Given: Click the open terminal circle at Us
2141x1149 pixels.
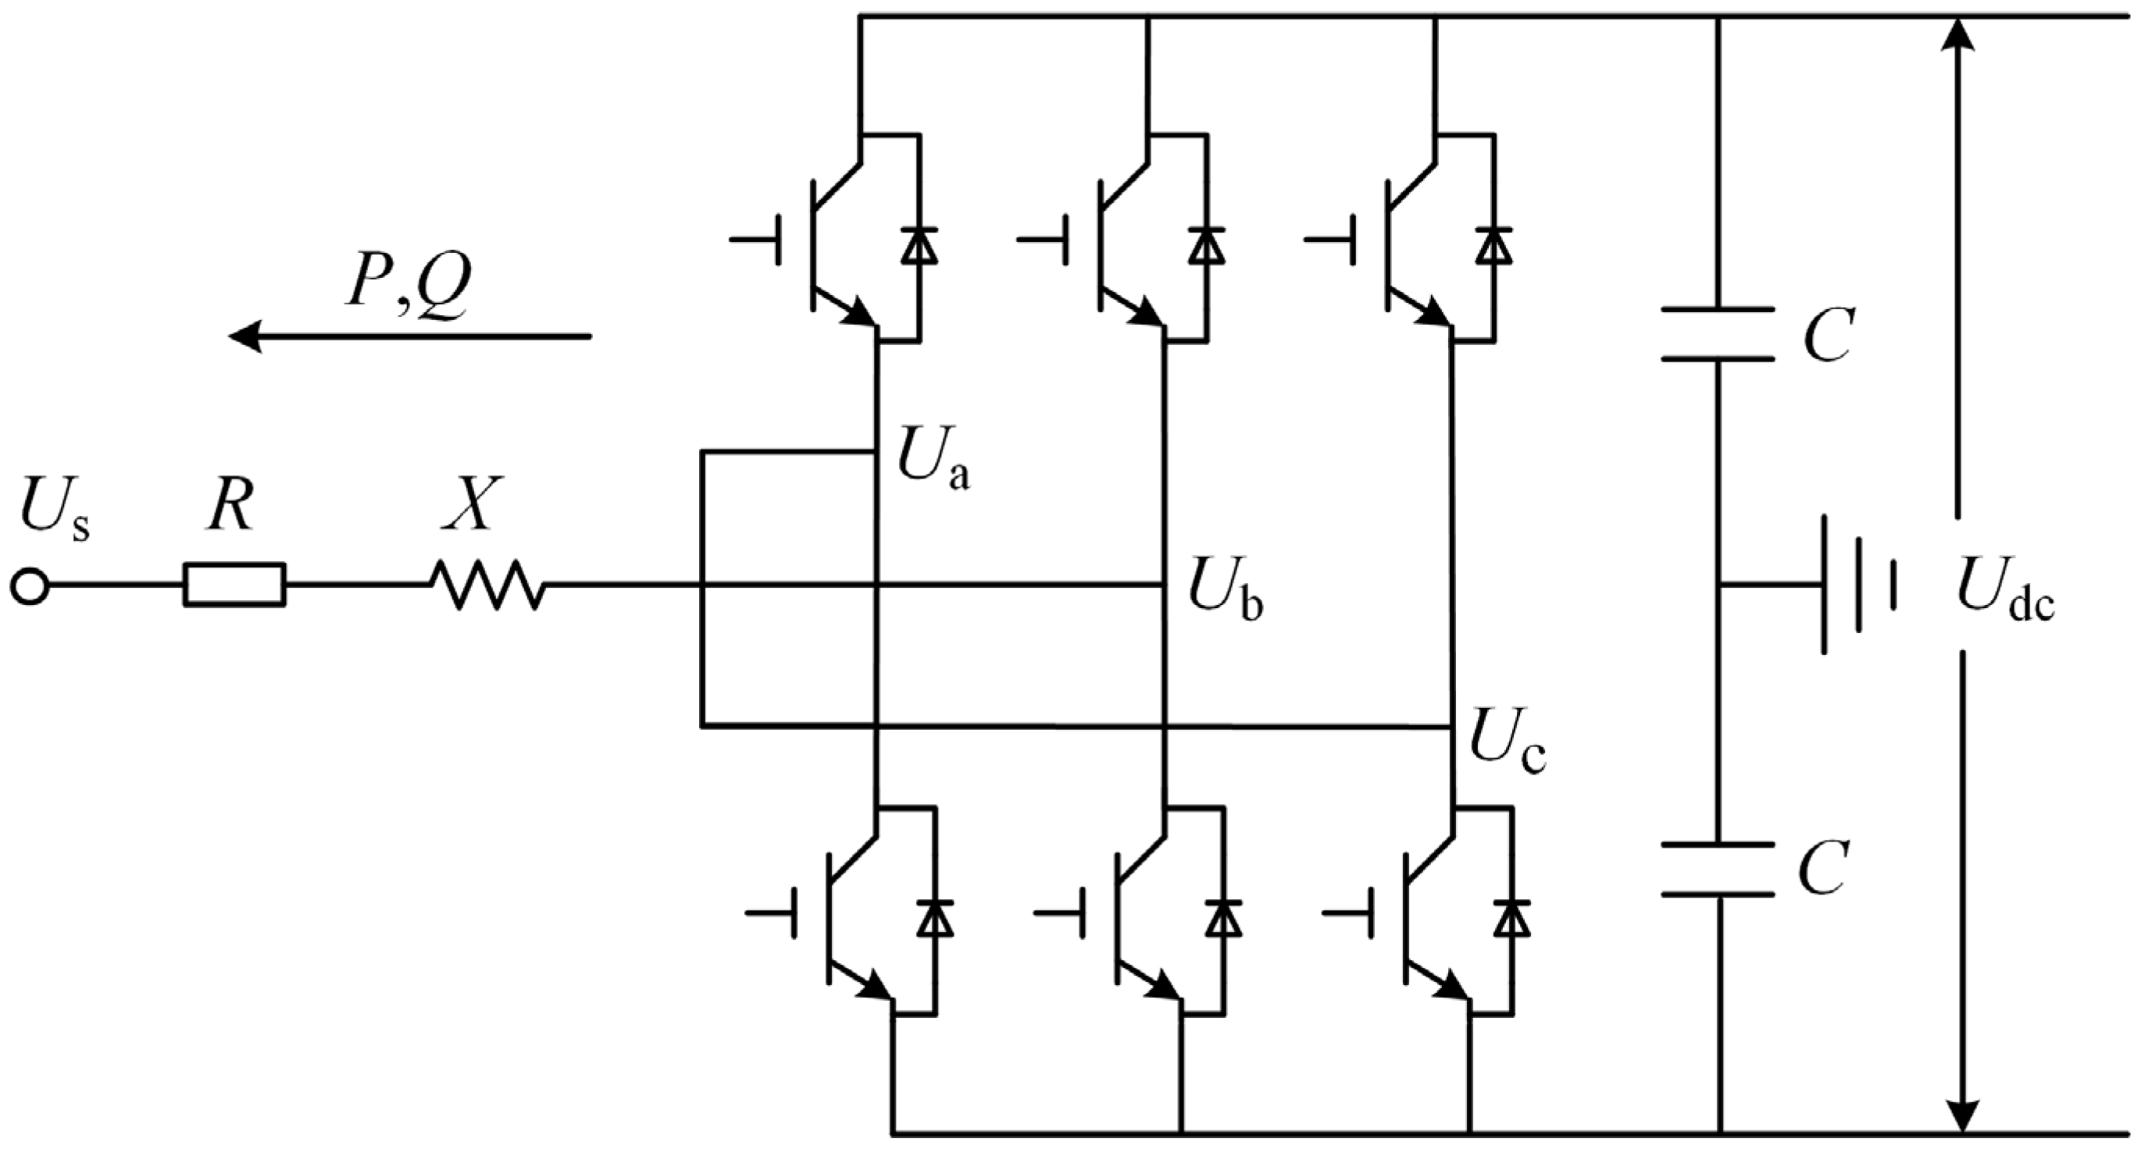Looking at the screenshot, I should [30, 586].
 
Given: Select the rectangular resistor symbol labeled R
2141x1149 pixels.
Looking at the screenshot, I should [234, 585].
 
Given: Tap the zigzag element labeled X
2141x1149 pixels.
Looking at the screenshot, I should [488, 585].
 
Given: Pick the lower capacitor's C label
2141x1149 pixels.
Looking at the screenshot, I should [1825, 869].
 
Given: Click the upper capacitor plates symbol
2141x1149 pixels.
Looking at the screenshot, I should [1718, 335].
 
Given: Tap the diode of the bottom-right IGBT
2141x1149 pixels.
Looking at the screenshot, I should [1510, 918].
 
